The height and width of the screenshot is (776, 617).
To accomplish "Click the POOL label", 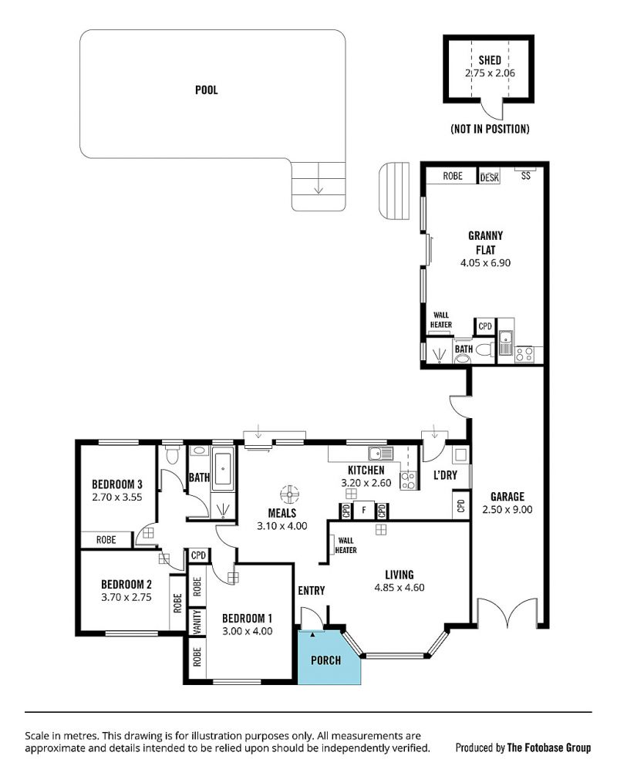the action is point(207,90).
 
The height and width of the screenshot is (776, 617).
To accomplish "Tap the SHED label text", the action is point(490,60).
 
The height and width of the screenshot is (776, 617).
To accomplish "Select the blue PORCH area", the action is point(328,656).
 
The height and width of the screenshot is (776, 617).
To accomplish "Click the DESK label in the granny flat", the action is point(489,177).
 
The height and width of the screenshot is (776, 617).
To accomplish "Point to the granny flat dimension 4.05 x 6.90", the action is point(485,263).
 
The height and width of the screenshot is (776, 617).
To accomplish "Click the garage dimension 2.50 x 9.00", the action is point(507,510).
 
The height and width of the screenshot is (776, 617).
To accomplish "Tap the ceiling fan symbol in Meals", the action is point(289,494).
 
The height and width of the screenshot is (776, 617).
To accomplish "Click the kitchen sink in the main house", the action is point(380,453).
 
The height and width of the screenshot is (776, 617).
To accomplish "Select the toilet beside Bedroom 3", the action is point(172,454).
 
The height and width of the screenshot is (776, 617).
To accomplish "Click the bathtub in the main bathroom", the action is point(223,468).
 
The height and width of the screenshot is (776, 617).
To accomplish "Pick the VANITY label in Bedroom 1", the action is point(197,622).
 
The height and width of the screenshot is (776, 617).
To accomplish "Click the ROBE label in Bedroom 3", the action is point(106,540).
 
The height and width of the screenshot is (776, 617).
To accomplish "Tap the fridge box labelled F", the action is point(364,510).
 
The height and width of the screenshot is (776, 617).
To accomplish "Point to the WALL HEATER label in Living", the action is point(346,545).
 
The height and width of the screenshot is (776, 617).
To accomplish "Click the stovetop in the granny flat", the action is point(524,354).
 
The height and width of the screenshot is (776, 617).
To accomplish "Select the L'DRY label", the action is point(445,475).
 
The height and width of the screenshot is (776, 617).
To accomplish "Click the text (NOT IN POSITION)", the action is point(490,129).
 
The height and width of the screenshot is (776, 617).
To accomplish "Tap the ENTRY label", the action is point(312,590).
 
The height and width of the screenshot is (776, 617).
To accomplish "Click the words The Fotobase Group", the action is point(549,747).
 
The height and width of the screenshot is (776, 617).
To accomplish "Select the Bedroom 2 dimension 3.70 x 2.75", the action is point(126,597).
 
